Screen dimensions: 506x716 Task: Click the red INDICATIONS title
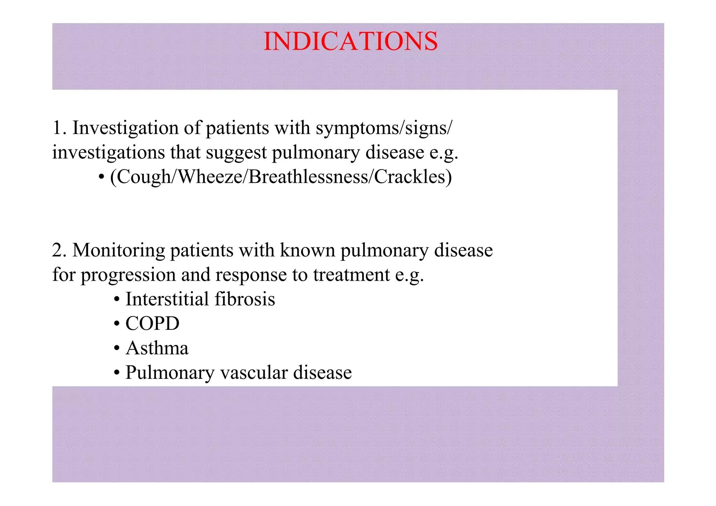pos(350,41)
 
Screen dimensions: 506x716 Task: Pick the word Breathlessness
pos(308,177)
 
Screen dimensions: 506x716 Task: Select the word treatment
pos(351,275)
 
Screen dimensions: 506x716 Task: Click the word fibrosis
pos(245,299)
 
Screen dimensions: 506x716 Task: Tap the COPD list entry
pos(152,324)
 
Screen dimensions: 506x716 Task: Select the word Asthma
pos(157,348)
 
